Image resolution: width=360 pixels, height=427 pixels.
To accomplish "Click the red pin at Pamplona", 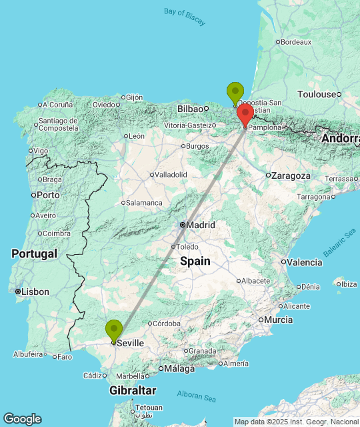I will coord(245,114).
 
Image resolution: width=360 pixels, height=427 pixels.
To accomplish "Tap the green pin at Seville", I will coord(114,330).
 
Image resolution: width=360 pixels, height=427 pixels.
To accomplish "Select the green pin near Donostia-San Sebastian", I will coord(235,93).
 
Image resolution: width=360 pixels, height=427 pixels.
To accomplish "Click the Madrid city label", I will coord(201,225).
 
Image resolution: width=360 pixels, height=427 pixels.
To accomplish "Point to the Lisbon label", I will coord(35,292).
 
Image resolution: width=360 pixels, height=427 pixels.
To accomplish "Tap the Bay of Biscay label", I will coord(185,16).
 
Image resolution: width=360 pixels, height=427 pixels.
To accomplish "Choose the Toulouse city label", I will coord(317,94).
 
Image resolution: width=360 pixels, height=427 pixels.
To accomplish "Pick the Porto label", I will coord(48,195).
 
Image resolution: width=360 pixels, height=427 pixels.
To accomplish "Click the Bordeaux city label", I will coord(296,42).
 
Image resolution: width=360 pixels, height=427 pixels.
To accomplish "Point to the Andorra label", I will coord(340,139).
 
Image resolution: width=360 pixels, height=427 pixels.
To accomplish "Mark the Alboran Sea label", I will coord(197,396).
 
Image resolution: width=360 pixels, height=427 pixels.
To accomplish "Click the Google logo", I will coord(22,419).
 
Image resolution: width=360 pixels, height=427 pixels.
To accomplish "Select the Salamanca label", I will coord(145,203).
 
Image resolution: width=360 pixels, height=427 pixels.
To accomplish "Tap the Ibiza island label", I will coord(348,284).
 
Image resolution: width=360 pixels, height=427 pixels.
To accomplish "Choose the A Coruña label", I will coord(59,104).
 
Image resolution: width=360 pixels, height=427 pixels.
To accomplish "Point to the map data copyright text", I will coord(296,422).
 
